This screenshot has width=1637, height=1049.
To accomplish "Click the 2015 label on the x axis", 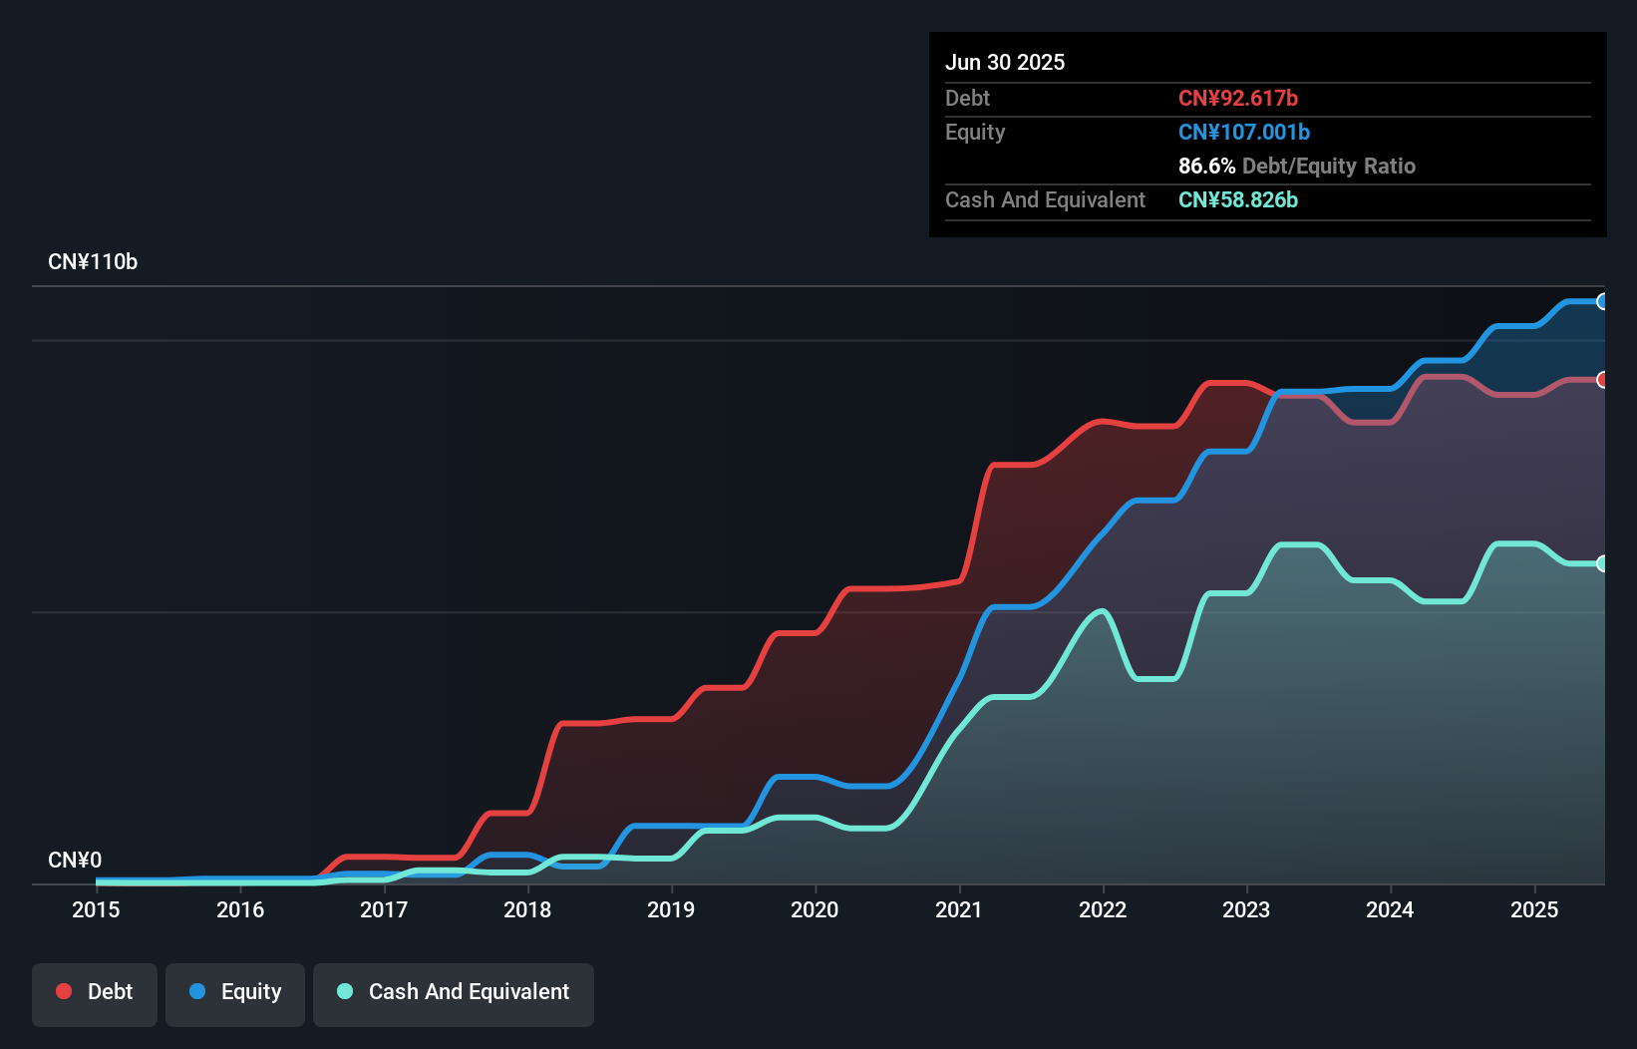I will point(96,909).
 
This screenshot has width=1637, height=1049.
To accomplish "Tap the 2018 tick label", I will point(527,909).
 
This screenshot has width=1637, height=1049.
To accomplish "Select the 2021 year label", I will point(958,909).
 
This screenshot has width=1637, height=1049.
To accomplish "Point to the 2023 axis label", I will point(1246,909).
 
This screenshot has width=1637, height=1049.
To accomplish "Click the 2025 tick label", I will point(1533,909).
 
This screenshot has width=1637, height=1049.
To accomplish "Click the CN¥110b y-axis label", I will point(93,262).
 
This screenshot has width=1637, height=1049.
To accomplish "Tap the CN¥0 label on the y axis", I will point(75,860).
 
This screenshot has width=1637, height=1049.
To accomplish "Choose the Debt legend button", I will point(95,992).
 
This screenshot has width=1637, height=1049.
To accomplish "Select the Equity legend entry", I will point(235,992).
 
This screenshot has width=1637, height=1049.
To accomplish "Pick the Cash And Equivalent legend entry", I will point(454,992).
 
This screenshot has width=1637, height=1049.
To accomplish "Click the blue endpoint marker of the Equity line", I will point(1602,301).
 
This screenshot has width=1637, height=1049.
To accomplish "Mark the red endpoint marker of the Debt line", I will point(1602,380).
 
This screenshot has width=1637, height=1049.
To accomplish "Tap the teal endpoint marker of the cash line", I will point(1602,563).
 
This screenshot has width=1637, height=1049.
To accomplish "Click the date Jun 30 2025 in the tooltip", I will point(1005,62).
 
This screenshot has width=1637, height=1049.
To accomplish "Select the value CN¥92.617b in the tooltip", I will point(1237,98).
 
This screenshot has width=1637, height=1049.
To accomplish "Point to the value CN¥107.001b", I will point(1243,132).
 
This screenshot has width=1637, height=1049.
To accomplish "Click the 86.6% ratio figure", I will point(1206,166).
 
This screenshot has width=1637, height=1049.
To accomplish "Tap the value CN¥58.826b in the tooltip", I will point(1237,199).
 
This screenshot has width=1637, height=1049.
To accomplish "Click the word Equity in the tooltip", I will point(975,132).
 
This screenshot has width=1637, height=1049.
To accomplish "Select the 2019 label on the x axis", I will point(671,909).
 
